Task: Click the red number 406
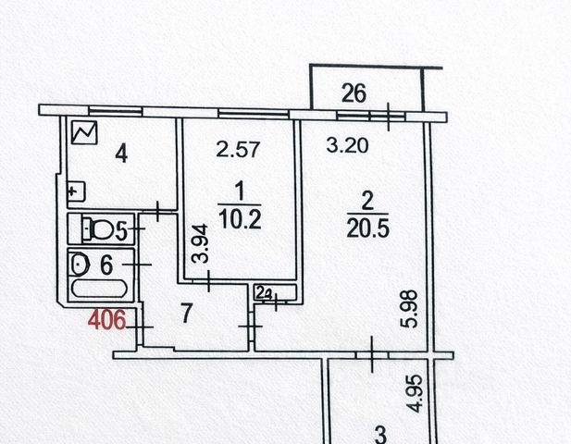coord(106,322)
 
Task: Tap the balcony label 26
coord(354,92)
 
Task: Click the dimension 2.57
coord(233,146)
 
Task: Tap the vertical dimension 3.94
coord(197,247)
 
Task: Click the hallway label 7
coord(186,314)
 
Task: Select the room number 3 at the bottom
coord(379,435)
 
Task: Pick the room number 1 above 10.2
coord(240,192)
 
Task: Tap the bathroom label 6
coord(106,264)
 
